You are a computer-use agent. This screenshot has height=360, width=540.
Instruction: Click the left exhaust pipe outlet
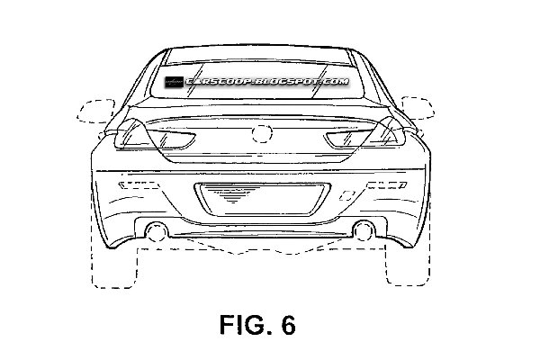point(157,231)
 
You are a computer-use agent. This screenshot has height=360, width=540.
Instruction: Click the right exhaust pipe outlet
point(364,230)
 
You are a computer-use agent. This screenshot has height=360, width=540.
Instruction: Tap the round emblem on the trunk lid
point(262,134)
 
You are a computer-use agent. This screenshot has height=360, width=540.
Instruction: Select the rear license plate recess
point(263,200)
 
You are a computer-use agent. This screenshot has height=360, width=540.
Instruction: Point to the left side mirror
point(96,111)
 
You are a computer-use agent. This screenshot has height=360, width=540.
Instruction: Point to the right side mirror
point(418,108)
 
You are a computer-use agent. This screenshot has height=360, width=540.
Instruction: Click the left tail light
point(155,135)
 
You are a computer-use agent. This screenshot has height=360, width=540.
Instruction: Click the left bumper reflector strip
point(139,185)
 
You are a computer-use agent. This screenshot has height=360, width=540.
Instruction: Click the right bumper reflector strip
point(386,185)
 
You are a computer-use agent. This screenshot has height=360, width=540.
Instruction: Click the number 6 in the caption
point(288,325)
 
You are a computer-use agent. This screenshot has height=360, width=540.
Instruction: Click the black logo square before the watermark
point(174,82)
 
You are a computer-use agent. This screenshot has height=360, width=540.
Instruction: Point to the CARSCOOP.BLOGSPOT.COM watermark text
point(267,82)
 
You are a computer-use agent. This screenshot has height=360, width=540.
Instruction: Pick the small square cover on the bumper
point(347,195)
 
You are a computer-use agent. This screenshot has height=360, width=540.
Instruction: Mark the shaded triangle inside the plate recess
point(233,194)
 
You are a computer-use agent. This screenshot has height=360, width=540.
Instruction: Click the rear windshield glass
point(257,81)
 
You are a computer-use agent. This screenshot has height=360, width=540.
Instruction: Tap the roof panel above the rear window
point(257,55)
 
